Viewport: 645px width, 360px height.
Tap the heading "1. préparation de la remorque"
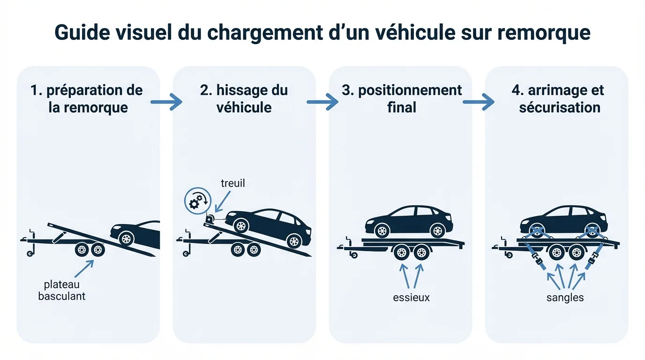[x=86, y=98]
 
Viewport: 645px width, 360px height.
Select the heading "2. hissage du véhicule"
[x=244, y=98]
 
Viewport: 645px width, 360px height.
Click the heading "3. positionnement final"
[x=402, y=98]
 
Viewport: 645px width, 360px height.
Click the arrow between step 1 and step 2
[x=166, y=101]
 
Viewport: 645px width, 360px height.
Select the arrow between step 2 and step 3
[x=322, y=101]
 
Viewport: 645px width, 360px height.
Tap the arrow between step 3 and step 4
[x=479, y=101]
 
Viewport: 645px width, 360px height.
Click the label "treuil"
[x=232, y=183]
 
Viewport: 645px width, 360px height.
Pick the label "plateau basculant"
[x=62, y=290]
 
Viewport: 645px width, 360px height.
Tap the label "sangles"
[x=565, y=298]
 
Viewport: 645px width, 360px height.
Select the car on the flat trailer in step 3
[x=409, y=221]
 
